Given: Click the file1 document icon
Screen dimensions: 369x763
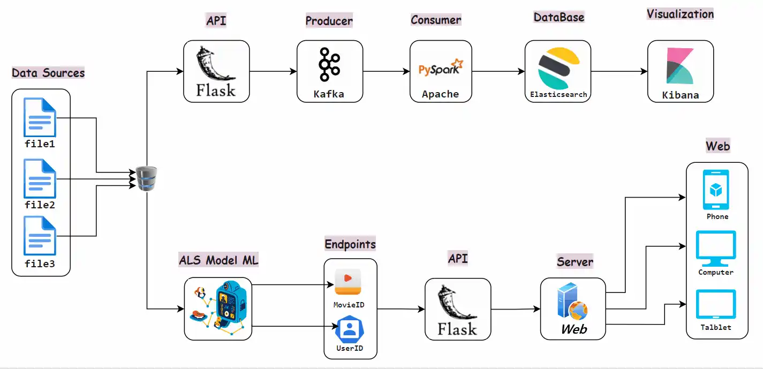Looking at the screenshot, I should (40, 117).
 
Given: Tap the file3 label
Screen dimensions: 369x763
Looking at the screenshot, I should (40, 264).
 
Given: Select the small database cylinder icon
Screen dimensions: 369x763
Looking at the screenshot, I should (146, 178).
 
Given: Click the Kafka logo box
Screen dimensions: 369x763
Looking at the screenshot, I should (329, 71).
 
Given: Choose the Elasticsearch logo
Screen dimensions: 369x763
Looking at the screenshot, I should (557, 67).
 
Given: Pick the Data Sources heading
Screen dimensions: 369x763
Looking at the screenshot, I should (48, 73).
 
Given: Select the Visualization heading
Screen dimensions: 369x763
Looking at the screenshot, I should (680, 14).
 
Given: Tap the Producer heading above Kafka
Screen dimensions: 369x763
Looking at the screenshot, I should (329, 21).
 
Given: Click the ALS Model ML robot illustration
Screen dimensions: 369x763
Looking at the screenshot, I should (218, 308).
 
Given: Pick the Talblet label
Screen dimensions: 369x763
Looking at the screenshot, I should (716, 327).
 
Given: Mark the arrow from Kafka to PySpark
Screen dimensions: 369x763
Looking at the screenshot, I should (386, 71).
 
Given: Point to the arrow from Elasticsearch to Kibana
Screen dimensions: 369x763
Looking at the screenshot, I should (619, 71).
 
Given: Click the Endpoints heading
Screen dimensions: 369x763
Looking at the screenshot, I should (350, 244).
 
